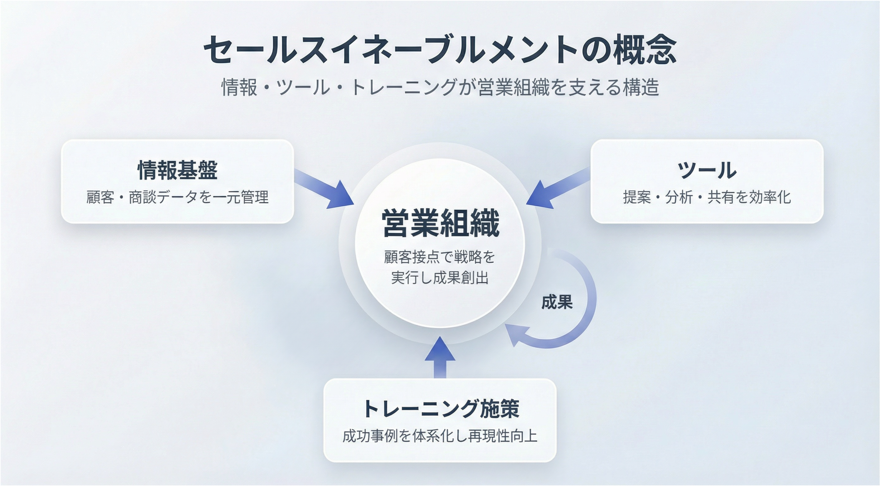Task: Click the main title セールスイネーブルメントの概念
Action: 440,50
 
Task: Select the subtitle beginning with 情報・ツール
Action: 440,87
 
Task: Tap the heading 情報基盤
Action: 178,170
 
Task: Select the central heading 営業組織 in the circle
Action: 440,223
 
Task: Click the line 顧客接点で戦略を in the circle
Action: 440,257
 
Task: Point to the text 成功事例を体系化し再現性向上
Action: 440,436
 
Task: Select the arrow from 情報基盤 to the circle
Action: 324,188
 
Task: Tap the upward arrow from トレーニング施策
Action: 440,357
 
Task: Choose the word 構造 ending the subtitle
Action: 641,87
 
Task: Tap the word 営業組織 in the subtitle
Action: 513,87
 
